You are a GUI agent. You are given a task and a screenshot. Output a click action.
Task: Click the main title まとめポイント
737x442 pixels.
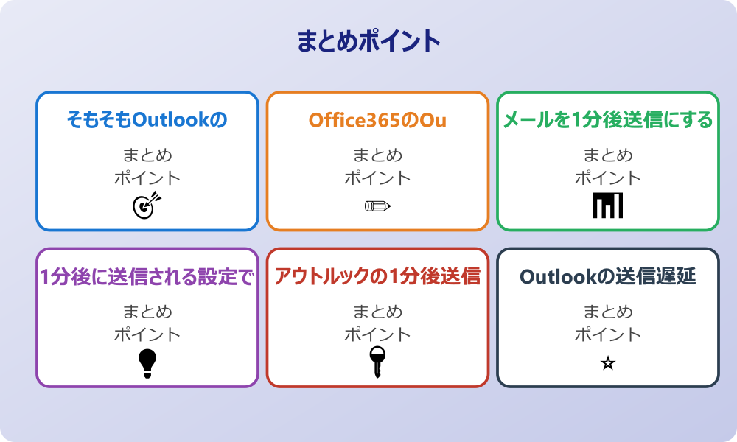(x=368, y=41)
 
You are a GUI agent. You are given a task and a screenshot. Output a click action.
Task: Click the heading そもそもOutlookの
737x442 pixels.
(x=147, y=119)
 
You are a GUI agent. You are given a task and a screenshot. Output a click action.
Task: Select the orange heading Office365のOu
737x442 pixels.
(x=377, y=119)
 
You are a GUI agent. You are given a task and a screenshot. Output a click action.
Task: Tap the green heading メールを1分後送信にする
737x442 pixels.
(x=608, y=119)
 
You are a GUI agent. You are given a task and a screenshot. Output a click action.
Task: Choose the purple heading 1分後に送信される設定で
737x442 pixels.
(x=147, y=276)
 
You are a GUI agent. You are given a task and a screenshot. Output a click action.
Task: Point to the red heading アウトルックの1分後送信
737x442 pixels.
(x=377, y=276)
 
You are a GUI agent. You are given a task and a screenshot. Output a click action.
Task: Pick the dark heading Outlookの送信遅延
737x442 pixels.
(x=608, y=276)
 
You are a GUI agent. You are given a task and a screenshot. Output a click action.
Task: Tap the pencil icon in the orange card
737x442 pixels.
(x=377, y=206)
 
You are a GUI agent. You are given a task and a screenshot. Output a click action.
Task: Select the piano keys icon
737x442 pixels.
(x=608, y=206)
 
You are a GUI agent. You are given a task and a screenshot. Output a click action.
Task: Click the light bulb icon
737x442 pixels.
(x=147, y=362)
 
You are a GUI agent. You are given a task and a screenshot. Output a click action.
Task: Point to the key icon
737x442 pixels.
(x=377, y=362)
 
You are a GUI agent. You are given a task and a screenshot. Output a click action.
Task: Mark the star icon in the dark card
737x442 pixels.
(x=608, y=363)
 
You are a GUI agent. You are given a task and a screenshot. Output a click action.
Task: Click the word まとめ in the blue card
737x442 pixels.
(x=147, y=155)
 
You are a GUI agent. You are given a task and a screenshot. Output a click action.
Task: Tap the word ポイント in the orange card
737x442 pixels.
(x=377, y=178)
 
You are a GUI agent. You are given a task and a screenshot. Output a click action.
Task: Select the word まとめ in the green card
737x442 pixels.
(x=608, y=155)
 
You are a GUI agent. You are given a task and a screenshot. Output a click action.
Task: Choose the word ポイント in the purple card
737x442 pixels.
(x=147, y=334)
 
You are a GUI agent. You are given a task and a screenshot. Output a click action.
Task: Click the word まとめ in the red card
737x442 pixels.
(x=377, y=312)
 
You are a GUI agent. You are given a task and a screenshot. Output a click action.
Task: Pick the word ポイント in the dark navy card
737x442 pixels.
(x=608, y=334)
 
